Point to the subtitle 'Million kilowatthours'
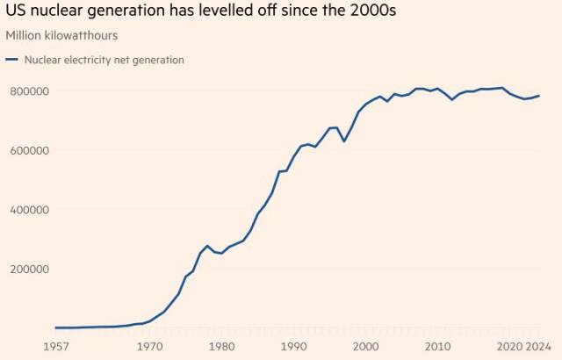click(61, 35)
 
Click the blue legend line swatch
click(12, 60)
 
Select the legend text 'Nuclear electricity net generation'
click(104, 60)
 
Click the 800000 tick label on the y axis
click(28, 91)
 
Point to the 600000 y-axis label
click(28, 150)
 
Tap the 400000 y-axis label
click(28, 210)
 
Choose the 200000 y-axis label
click(28, 269)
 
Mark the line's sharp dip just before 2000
click(344, 141)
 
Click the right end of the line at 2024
click(539, 96)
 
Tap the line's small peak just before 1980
click(207, 246)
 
